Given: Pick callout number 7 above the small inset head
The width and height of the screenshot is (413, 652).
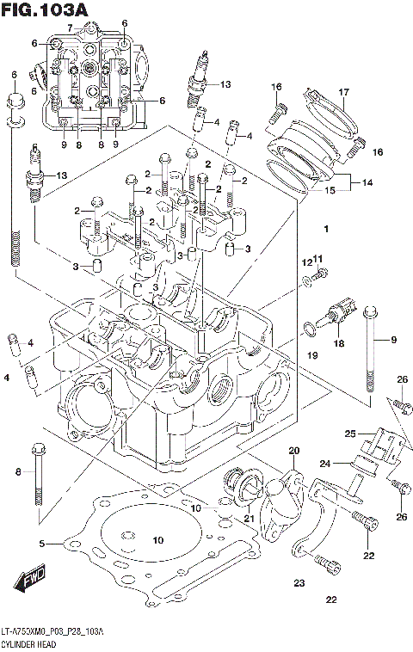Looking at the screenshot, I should (71, 28).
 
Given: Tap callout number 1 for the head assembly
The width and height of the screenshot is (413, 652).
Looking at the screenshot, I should (326, 230).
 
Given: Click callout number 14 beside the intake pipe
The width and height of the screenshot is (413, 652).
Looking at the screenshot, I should (367, 182).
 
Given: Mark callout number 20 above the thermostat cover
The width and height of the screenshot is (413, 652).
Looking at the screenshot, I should (293, 452).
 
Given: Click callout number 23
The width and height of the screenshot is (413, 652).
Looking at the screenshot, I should (299, 583).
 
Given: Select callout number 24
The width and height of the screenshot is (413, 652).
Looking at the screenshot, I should (326, 464).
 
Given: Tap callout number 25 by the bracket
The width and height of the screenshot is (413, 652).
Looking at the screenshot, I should (350, 433).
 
